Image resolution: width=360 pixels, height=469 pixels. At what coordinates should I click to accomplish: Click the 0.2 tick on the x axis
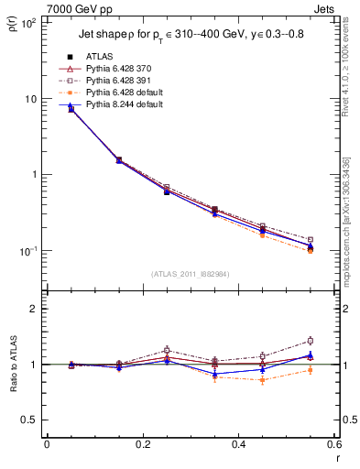click(x=142, y=444)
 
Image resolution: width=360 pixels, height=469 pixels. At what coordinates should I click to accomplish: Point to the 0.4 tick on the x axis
click(x=238, y=444)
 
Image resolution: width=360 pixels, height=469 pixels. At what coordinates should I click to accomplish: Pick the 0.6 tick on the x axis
click(x=333, y=444)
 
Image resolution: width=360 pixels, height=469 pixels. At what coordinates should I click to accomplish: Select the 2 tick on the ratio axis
click(x=35, y=309)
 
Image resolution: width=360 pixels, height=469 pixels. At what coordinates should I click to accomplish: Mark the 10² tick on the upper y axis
click(x=27, y=23)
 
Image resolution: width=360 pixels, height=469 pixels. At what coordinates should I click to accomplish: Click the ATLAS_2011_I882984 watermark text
click(x=191, y=274)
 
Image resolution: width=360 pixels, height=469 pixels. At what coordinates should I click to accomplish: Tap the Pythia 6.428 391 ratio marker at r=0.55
click(x=311, y=341)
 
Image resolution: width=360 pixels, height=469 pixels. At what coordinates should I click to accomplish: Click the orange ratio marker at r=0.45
click(x=263, y=380)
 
